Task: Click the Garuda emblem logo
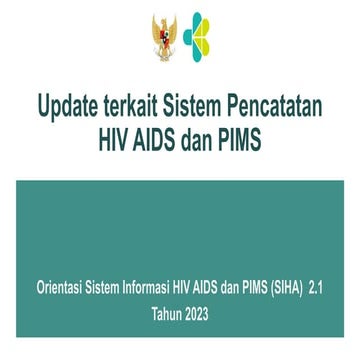click(162, 39)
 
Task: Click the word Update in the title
click(66, 105)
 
